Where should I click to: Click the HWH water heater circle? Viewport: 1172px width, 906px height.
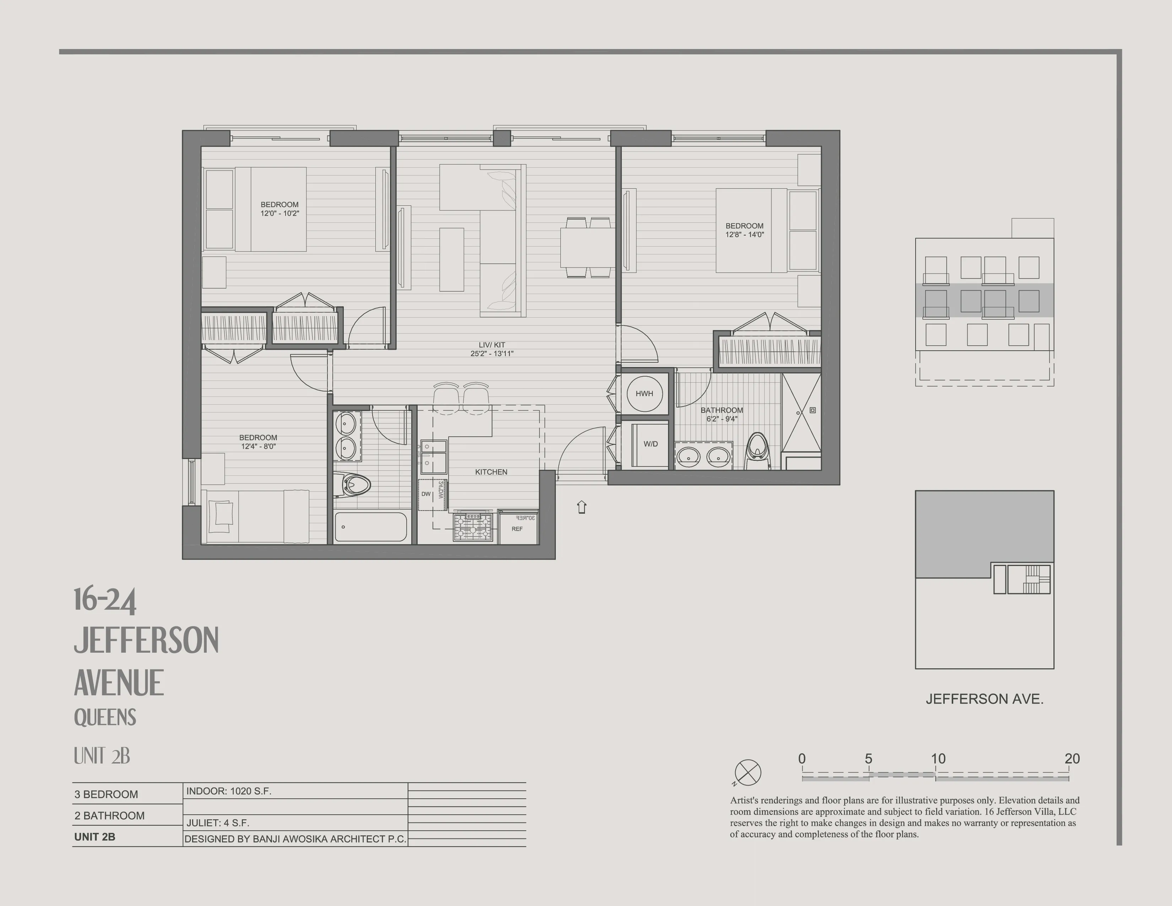644,393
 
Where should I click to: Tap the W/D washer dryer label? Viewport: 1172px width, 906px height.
650,444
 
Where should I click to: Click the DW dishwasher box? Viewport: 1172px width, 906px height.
426,494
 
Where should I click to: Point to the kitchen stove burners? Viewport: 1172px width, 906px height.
472,527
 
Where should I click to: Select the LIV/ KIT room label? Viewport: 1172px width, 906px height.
492,349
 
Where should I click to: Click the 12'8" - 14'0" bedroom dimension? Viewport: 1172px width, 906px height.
744,234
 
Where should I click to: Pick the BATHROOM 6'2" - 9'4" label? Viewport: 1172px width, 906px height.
722,414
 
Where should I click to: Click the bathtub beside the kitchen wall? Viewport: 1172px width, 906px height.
370,527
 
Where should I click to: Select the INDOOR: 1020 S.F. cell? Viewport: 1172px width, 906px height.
229,791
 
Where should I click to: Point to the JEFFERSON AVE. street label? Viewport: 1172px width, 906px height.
984,699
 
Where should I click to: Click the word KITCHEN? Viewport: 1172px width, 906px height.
491,472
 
